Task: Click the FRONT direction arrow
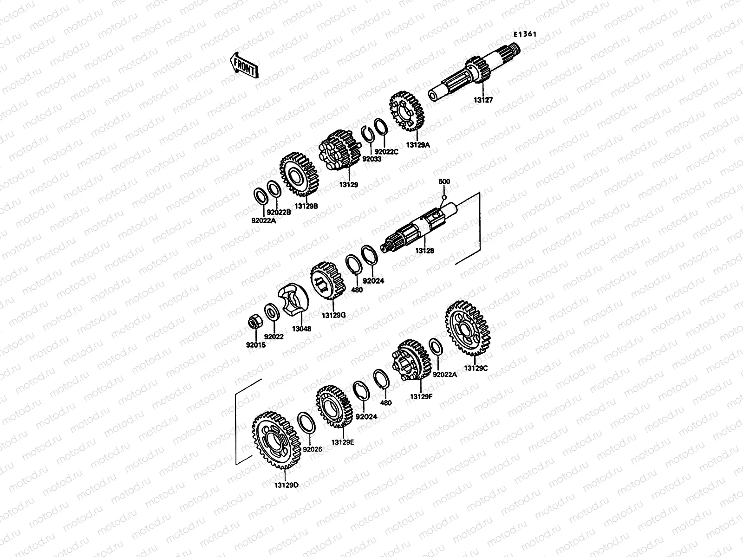pos(244,65)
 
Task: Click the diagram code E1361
pos(525,34)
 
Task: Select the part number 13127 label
pos(483,100)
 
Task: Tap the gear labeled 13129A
pos(406,111)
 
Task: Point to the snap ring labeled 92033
pos(367,136)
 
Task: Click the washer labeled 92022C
pos(381,127)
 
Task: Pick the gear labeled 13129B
pos(299,174)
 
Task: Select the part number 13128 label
pos(424,251)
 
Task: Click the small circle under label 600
pos(444,198)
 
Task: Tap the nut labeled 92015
pos(253,322)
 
